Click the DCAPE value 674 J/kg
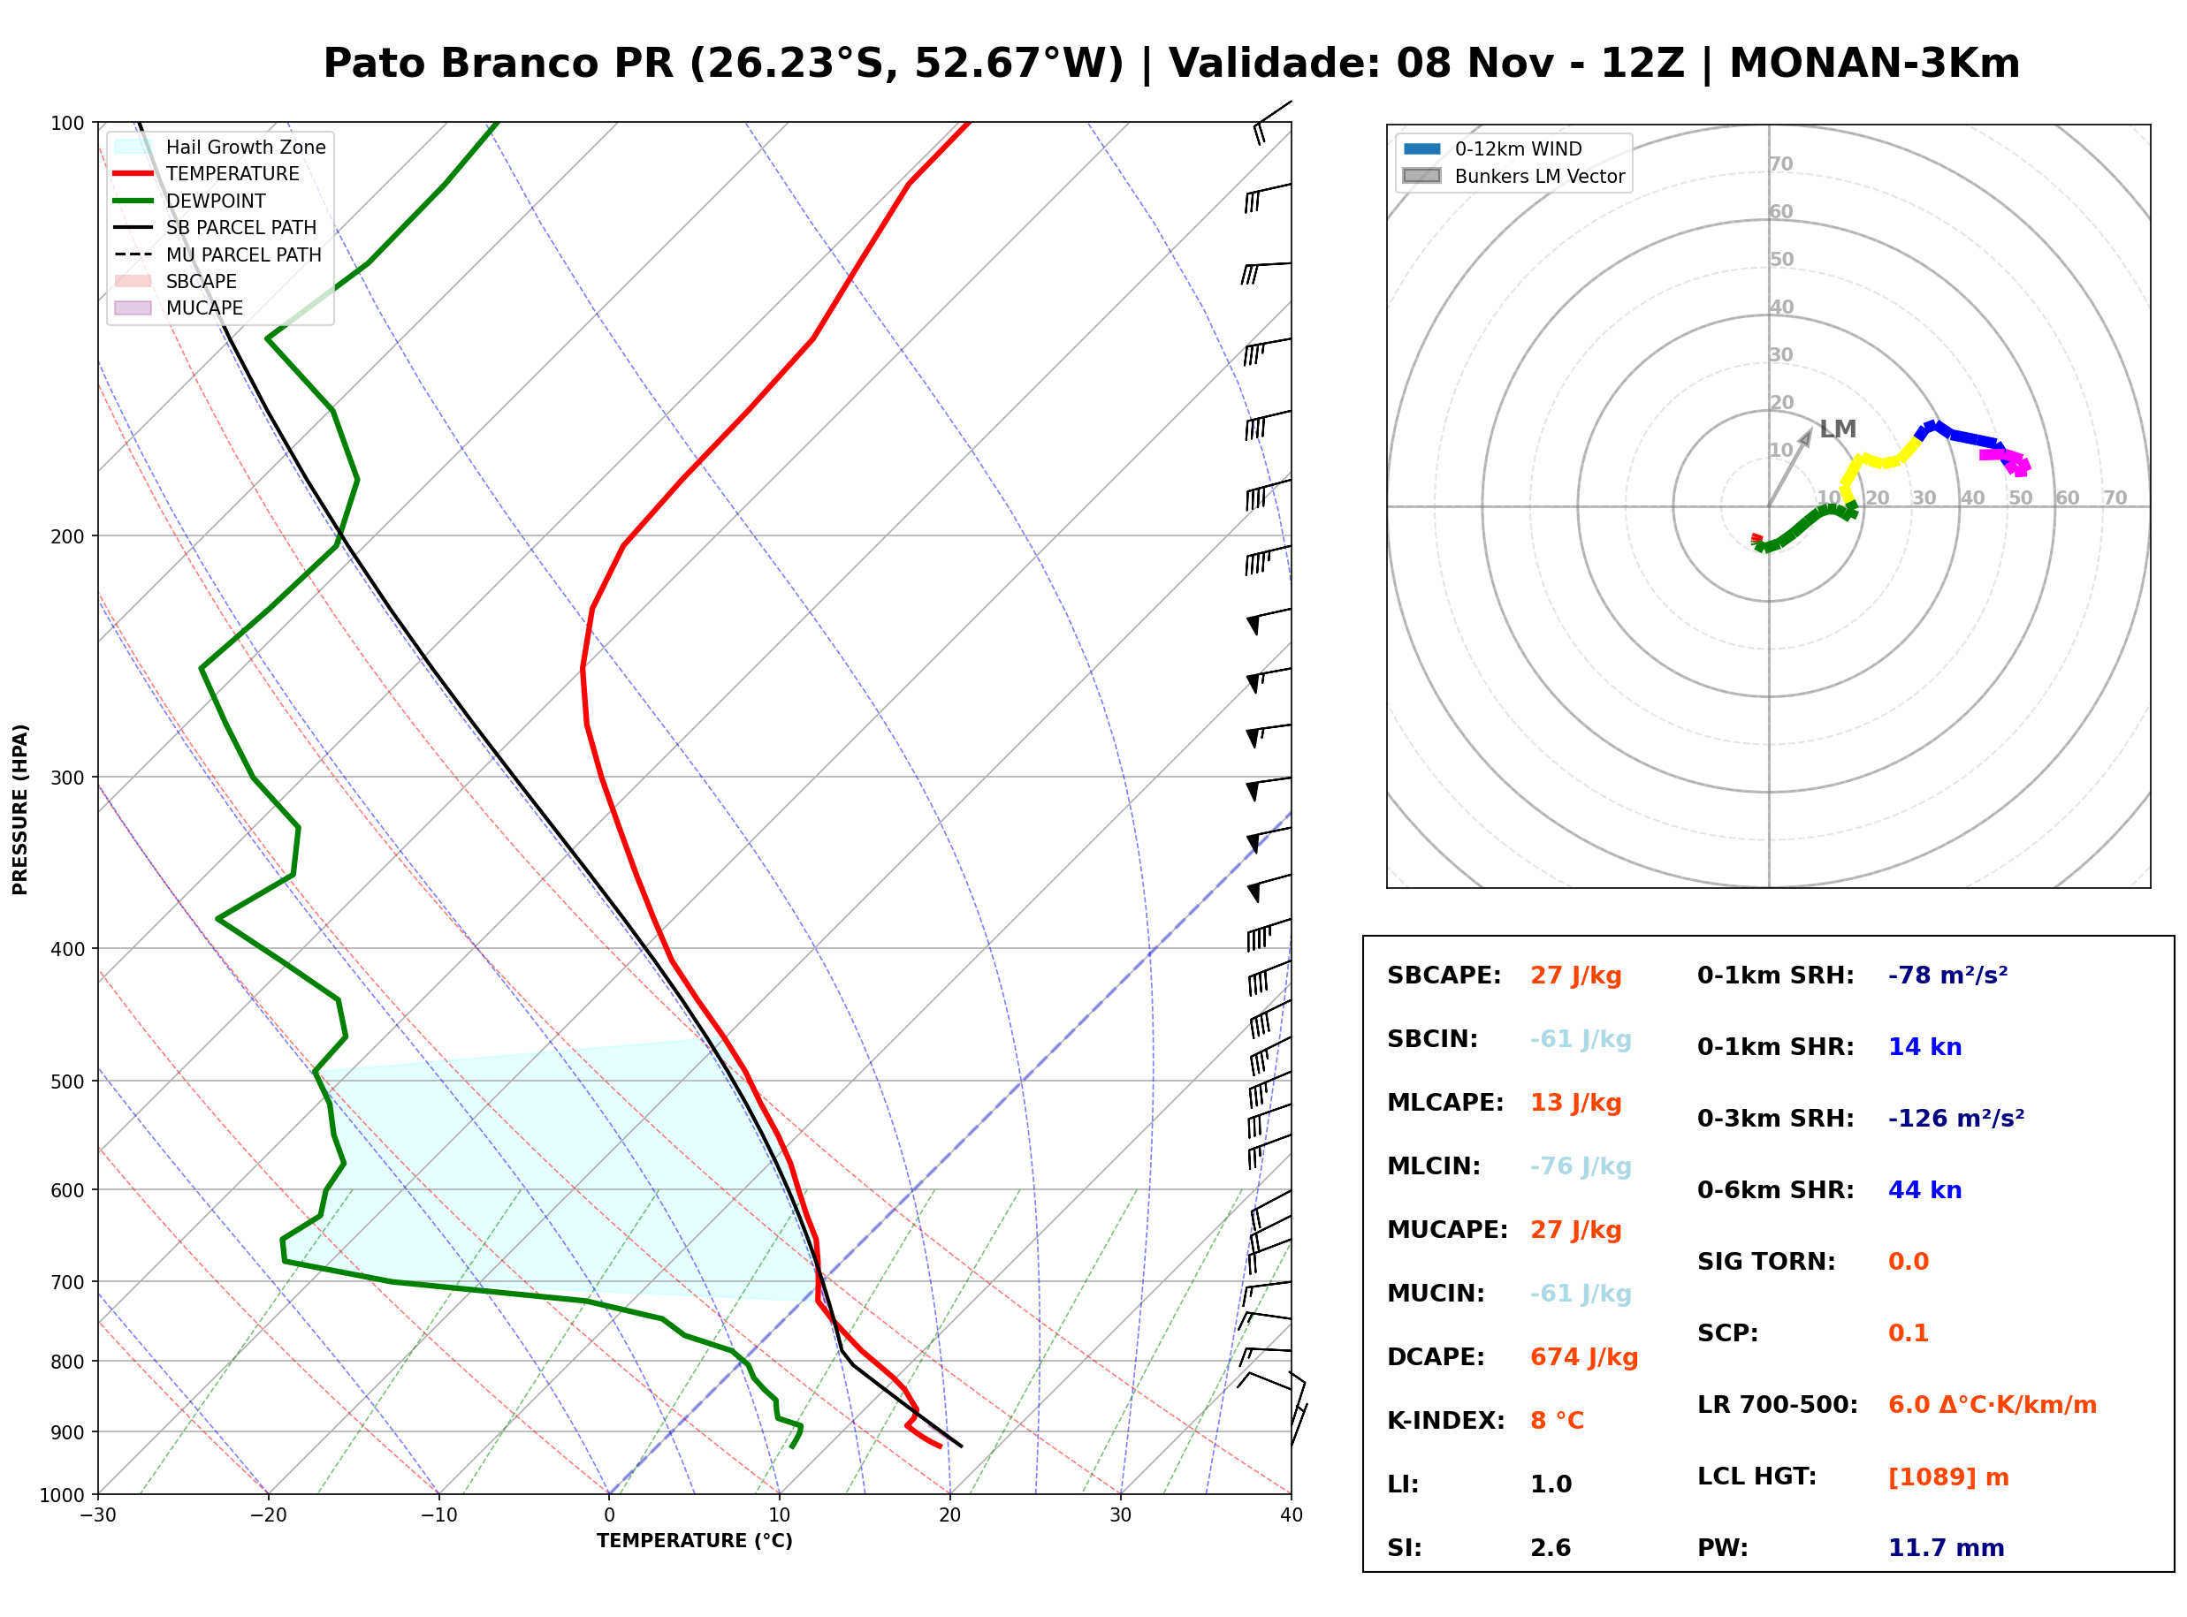(x=1583, y=1356)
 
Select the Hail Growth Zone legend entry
(x=219, y=147)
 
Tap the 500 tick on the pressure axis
(x=70, y=1082)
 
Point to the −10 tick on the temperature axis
(x=438, y=1515)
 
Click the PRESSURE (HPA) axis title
(x=20, y=809)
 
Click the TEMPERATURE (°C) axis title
(x=694, y=1541)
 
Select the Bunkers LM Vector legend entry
(x=1513, y=176)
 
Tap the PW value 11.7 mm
(x=1947, y=1547)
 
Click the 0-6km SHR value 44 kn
(x=1924, y=1190)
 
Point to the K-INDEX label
(x=1446, y=1420)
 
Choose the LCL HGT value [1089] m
(x=1948, y=1477)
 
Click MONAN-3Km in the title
(x=1874, y=63)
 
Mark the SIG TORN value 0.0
(x=1908, y=1262)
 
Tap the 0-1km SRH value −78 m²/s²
(x=1947, y=975)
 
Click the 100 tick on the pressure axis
(x=70, y=122)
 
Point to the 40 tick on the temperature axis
(x=1292, y=1515)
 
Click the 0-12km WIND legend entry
(x=1492, y=148)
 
